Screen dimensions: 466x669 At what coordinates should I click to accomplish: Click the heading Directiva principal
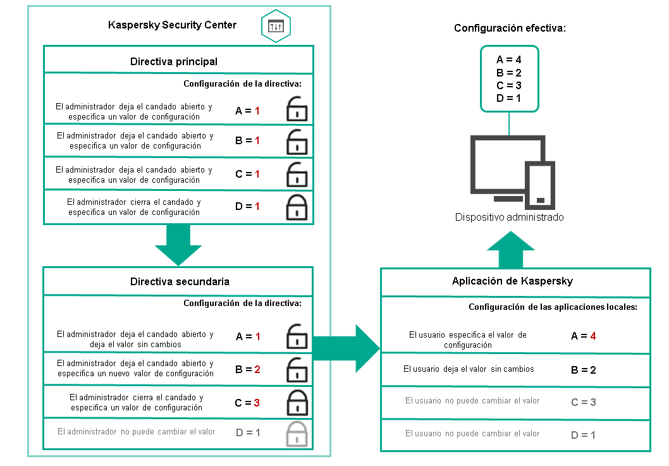[174, 61]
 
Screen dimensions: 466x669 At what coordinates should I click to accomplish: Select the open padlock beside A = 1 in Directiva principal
[297, 109]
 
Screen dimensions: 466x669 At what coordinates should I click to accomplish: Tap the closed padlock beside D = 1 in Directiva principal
[297, 206]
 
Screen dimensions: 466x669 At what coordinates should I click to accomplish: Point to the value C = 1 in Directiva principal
[247, 174]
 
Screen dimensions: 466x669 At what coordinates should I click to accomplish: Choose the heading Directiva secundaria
[180, 281]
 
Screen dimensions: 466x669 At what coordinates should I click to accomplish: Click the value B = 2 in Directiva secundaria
[247, 369]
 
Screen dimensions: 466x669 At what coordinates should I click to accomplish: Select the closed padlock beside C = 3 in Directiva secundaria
[297, 401]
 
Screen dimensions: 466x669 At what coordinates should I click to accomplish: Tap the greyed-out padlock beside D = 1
[297, 434]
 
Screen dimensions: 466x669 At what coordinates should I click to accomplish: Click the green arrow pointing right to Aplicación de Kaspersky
[346, 349]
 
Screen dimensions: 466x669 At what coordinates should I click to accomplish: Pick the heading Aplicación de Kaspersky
[515, 281]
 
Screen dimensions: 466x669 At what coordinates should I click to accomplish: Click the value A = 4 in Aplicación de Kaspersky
[583, 336]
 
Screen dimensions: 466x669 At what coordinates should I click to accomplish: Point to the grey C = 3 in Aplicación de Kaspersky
[583, 402]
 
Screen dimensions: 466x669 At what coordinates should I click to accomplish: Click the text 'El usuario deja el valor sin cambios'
[469, 369]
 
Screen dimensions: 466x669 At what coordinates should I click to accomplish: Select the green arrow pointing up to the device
[512, 249]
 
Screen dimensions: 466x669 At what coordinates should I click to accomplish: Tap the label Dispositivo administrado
[509, 217]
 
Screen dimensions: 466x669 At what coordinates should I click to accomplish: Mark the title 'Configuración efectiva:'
[510, 28]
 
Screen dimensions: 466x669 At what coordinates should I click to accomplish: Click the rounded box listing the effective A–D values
[509, 78]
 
